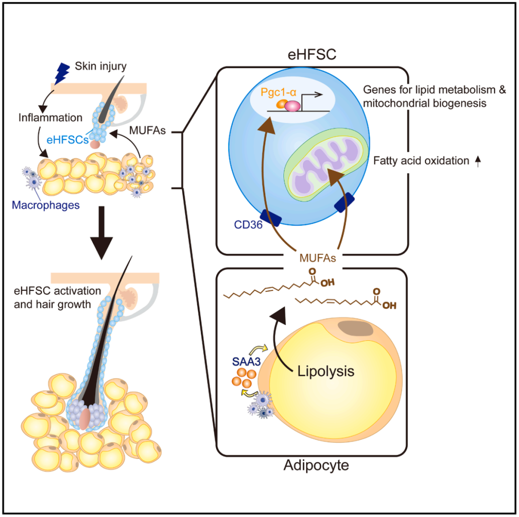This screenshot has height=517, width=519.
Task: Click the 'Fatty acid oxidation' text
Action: [x=421, y=161]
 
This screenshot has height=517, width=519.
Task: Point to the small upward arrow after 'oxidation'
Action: [x=478, y=162]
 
